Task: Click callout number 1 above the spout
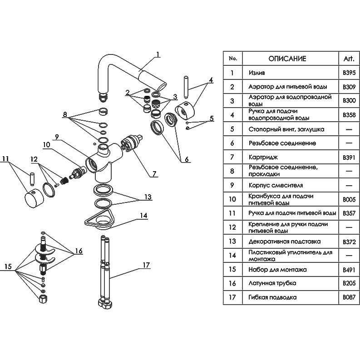click(157, 55)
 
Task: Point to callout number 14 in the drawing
click(143, 216)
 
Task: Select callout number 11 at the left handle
click(5, 159)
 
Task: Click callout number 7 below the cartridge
click(154, 173)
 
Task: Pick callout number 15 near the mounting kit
click(8, 266)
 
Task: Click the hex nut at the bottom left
click(42, 299)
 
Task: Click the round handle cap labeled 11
click(32, 198)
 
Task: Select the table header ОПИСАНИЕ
click(287, 59)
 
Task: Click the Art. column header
click(350, 59)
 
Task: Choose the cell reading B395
click(350, 73)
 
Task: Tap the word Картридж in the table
click(263, 157)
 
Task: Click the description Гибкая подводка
click(273, 297)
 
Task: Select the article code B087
click(350, 297)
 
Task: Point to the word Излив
click(257, 73)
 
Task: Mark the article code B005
click(350, 199)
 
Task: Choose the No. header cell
click(233, 59)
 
